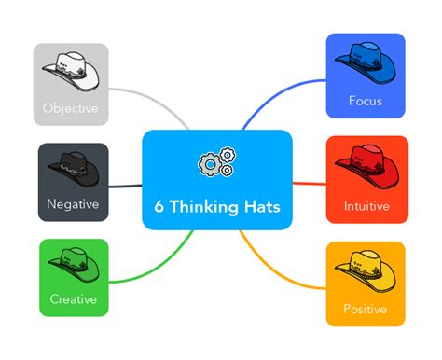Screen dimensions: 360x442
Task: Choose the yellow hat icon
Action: tap(366, 268)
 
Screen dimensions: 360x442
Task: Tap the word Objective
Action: tap(71, 108)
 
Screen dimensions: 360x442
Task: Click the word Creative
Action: tap(74, 300)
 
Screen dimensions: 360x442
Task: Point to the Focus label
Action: tap(366, 100)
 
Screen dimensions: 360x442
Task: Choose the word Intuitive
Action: tap(366, 205)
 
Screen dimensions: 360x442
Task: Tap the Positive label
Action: tap(366, 309)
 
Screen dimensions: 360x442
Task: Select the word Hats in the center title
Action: tap(261, 206)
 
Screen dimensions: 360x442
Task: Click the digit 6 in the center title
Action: tap(160, 206)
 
